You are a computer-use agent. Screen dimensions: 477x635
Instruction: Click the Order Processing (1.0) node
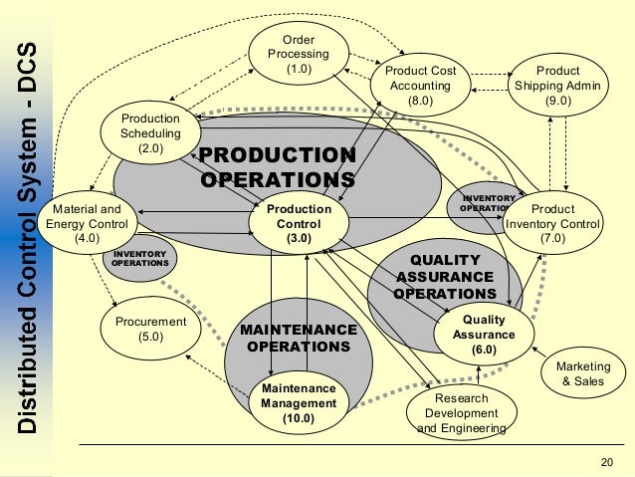[299, 54]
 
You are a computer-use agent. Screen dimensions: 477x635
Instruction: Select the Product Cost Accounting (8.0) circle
[420, 86]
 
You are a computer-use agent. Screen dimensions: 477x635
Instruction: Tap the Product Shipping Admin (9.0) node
[557, 86]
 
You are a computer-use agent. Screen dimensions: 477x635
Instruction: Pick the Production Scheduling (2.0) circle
[150, 132]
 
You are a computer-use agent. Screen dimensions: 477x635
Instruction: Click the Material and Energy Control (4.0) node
[87, 225]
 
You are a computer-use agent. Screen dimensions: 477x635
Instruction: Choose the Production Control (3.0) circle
[299, 225]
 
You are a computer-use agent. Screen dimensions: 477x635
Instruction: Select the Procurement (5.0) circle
[150, 330]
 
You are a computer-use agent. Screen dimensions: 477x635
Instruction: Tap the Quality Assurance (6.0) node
[484, 335]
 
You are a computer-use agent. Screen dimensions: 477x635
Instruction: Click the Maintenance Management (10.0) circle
[299, 402]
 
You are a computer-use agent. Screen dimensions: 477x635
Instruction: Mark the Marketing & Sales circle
[582, 374]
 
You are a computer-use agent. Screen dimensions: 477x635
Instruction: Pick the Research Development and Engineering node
[461, 412]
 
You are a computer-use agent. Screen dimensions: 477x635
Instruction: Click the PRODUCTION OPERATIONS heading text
[278, 168]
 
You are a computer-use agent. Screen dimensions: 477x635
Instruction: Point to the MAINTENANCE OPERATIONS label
[299, 339]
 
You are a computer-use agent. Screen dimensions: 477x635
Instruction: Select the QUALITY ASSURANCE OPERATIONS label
[444, 277]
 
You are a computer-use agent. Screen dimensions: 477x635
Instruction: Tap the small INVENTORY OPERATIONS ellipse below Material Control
[138, 259]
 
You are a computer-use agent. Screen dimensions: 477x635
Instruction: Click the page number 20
[608, 461]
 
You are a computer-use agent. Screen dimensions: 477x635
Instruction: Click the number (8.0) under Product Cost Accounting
[420, 101]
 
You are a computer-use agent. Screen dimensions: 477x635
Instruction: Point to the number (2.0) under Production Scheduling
[150, 148]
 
